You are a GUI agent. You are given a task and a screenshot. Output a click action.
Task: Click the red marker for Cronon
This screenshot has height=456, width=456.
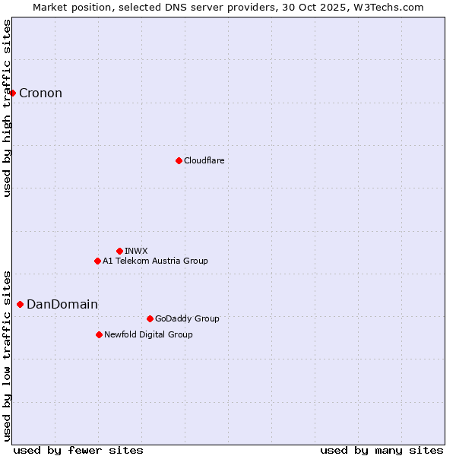13,93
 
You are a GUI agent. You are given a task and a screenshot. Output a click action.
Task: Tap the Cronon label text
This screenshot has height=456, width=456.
40,93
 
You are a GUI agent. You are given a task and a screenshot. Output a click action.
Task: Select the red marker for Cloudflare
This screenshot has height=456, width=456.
179,160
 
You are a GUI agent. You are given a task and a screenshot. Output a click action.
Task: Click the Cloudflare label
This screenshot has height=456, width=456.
204,160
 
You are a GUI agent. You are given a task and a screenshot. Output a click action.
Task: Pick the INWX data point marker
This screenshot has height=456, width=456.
119,251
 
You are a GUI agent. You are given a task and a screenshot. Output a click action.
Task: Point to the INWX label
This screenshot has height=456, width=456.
136,251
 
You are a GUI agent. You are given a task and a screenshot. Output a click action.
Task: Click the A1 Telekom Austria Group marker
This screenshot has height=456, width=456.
97,261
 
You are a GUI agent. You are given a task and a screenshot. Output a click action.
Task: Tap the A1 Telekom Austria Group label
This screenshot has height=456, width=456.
155,261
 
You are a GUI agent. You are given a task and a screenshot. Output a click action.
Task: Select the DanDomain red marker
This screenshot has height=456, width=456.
20,304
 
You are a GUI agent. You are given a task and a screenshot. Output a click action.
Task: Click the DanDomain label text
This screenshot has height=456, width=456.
62,305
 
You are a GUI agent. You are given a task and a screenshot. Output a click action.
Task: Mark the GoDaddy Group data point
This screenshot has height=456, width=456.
150,318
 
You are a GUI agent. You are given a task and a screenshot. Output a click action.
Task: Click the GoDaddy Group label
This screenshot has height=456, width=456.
187,318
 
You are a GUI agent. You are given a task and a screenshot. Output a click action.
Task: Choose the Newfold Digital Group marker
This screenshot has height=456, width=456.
99,334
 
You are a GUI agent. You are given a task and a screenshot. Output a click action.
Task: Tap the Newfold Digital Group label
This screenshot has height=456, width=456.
148,334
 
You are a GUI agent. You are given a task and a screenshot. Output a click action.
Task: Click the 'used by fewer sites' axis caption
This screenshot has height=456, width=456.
78,450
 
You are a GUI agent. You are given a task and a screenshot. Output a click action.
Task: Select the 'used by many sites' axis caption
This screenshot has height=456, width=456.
382,450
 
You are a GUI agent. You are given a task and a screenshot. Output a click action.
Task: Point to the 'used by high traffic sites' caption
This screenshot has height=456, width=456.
8,108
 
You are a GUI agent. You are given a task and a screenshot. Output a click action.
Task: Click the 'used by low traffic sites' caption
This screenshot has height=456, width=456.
8,355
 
